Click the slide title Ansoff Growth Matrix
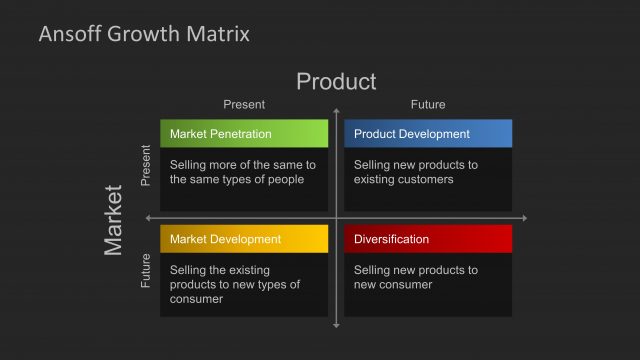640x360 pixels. (144, 34)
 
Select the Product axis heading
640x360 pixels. (336, 81)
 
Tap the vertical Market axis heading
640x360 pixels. (114, 219)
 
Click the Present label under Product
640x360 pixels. (243, 104)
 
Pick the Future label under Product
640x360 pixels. (428, 104)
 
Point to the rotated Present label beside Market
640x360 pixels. (146, 166)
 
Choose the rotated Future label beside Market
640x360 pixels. (146, 270)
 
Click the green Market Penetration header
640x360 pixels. (244, 134)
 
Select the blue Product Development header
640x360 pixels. (428, 134)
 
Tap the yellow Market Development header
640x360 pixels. (244, 239)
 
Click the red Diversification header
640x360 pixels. (428, 239)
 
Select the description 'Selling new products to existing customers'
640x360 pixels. (416, 172)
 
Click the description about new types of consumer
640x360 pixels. (235, 284)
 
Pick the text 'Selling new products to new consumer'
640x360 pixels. (416, 277)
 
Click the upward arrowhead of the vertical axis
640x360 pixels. (337, 111)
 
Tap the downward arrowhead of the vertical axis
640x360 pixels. (337, 323)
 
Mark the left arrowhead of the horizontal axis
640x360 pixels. (149, 218)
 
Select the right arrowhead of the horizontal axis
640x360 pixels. (524, 218)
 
